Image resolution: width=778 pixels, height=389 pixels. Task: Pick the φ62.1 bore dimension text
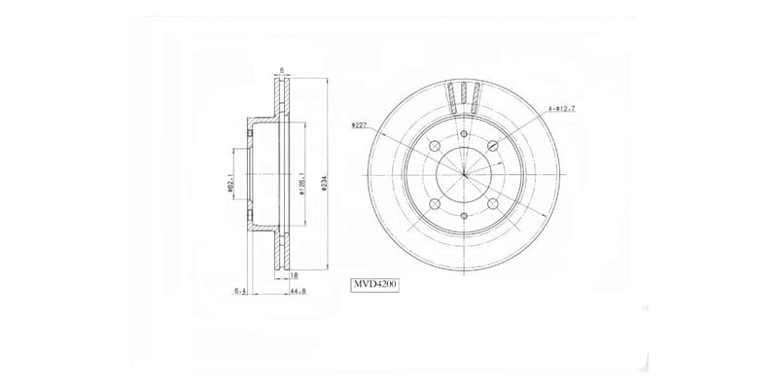[231, 180]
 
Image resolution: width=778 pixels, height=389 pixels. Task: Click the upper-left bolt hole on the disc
[435, 146]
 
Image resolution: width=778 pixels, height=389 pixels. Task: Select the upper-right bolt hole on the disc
[493, 146]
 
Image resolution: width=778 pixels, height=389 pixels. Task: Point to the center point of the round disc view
[464, 175]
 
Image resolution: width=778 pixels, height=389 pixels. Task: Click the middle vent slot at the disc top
[464, 93]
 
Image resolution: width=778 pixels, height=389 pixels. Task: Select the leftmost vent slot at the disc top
[450, 94]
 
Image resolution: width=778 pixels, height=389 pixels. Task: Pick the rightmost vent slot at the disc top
[477, 94]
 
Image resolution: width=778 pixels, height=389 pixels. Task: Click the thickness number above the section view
[280, 68]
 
